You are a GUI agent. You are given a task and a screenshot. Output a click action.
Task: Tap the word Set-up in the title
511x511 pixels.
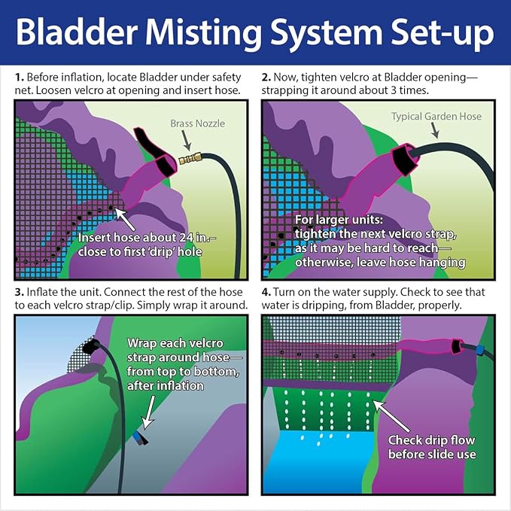click(443, 33)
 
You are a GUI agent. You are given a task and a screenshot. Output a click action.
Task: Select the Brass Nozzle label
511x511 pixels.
click(197, 123)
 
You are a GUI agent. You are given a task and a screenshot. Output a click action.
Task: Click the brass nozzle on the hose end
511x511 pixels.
click(190, 159)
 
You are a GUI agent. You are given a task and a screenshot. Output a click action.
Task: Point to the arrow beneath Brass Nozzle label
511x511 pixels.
click(186, 141)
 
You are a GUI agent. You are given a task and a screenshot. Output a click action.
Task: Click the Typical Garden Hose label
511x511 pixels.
click(436, 117)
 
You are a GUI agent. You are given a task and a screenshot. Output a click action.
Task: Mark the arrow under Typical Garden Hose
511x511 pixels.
click(435, 131)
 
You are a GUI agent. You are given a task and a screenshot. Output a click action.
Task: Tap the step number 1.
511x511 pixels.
click(20, 78)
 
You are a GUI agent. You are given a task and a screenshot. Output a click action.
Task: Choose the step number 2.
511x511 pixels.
click(266, 78)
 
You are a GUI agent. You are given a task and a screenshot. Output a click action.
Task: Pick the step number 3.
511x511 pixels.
click(20, 292)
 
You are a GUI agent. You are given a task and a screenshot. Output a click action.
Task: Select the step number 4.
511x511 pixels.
click(266, 292)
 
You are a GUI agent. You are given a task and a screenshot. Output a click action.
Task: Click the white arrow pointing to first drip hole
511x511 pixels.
click(125, 219)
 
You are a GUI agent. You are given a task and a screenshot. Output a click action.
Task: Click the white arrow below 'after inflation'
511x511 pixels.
click(149, 412)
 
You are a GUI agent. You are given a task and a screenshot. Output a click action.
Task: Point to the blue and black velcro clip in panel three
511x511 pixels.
click(140, 438)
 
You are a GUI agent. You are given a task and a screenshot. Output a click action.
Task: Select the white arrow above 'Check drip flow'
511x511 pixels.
click(391, 416)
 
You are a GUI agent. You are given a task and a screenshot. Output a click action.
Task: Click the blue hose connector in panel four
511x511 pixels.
click(479, 351)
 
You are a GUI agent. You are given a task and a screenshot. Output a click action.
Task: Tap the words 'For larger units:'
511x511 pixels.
click(339, 220)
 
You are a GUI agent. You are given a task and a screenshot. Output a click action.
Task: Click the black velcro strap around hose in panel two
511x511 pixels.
click(404, 159)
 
